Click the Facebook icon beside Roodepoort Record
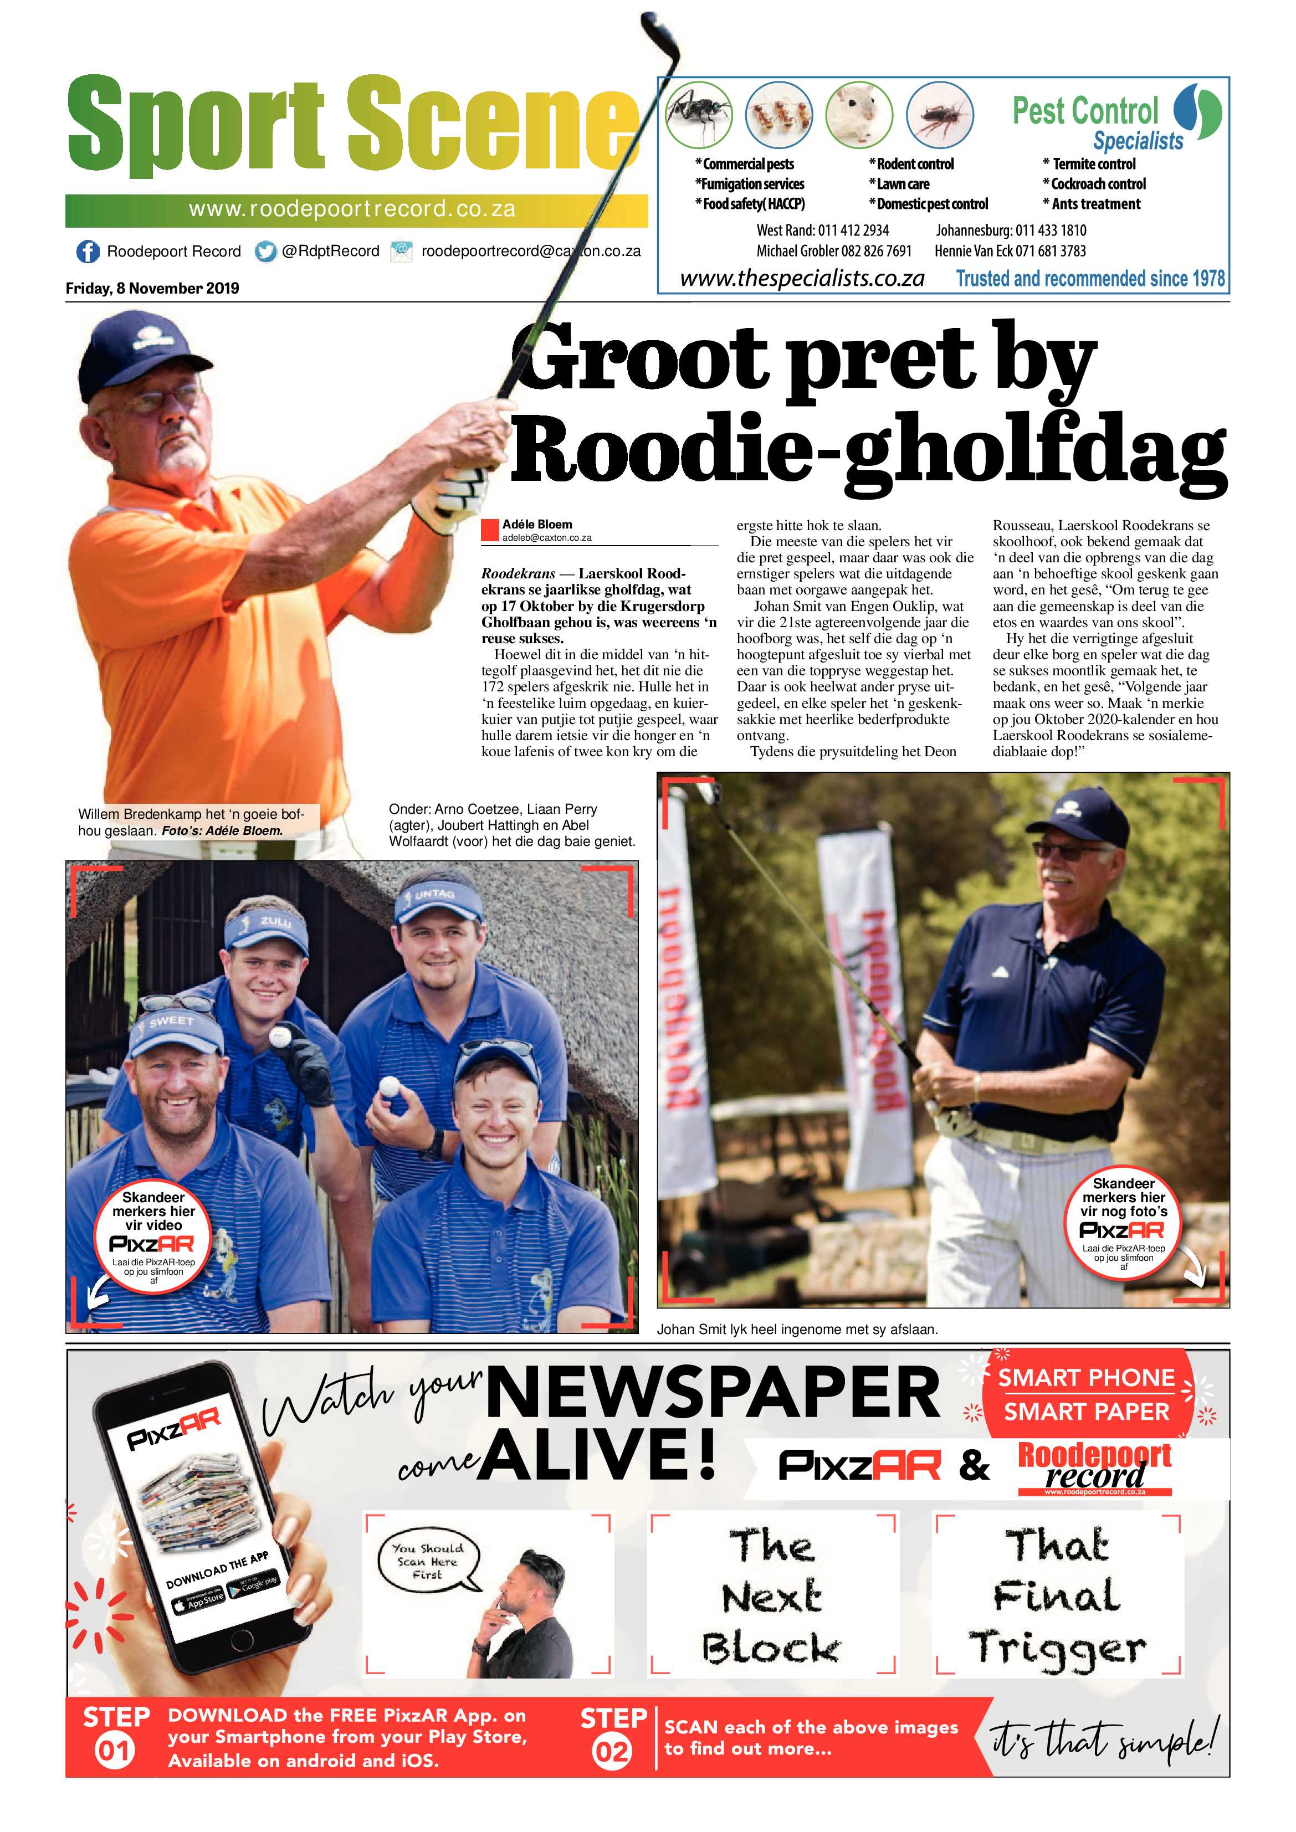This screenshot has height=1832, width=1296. click(87, 252)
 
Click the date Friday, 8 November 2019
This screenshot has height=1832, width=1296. click(152, 288)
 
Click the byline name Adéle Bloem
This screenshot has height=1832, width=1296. click(536, 524)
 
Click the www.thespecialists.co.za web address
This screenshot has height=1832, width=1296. click(802, 279)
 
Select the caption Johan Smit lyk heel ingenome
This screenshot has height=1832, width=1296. click(796, 1330)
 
